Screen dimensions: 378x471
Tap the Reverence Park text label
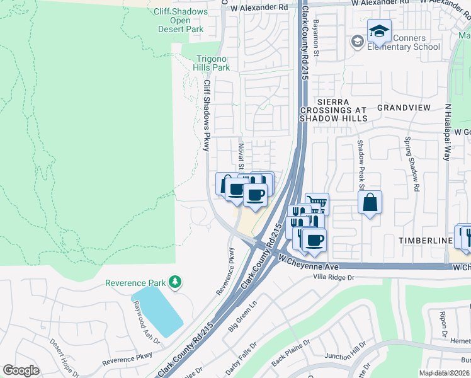coord(138,283)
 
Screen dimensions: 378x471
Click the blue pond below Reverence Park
coord(156,312)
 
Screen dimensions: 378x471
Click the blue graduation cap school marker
coord(380,31)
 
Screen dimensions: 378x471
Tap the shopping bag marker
coord(370,203)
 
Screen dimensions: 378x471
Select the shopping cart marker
coord(317,204)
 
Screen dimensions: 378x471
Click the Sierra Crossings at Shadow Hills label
coord(333,110)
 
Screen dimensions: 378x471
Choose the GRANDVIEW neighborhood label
coord(404,108)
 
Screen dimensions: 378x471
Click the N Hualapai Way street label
coord(448,132)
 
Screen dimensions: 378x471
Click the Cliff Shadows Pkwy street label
coord(206,115)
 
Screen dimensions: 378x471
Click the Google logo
coord(21,370)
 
